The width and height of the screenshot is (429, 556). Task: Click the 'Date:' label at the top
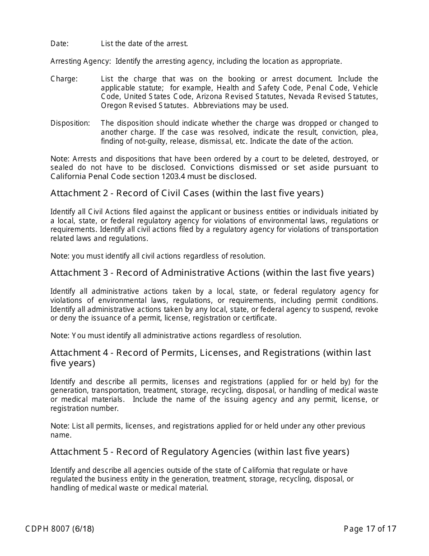pyautogui.click(x=60, y=44)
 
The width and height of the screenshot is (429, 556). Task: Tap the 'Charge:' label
pyautogui.click(x=64, y=79)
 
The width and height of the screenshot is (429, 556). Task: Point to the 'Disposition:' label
pyautogui.click(x=70, y=123)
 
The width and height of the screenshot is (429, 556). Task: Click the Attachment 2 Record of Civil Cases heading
pyautogui.click(x=187, y=193)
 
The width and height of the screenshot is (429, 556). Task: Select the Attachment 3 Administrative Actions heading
pyautogui.click(x=212, y=273)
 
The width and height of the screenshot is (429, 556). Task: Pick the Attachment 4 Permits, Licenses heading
pyautogui.click(x=210, y=353)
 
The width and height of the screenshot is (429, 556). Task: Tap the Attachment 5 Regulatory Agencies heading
pyautogui.click(x=200, y=452)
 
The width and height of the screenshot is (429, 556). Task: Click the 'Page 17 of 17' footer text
pyautogui.click(x=370, y=529)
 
